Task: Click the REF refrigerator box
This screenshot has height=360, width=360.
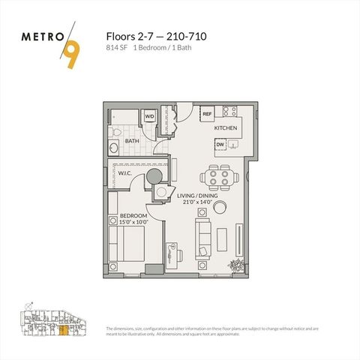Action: tap(208, 113)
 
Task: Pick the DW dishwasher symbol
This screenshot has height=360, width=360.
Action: tap(220, 146)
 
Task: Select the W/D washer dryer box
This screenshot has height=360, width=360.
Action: tap(149, 116)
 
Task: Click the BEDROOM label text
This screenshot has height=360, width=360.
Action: tap(133, 215)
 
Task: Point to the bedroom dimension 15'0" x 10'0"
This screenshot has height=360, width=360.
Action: tap(133, 222)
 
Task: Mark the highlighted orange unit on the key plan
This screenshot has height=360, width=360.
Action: tap(64, 327)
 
